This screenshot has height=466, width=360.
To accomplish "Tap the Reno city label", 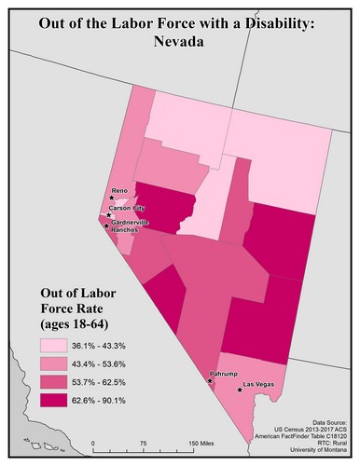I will (x=118, y=190).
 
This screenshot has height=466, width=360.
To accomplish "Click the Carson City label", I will (x=127, y=208).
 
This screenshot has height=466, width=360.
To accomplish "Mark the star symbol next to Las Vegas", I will (x=241, y=391).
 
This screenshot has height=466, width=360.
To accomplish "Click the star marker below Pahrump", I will (x=212, y=381).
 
